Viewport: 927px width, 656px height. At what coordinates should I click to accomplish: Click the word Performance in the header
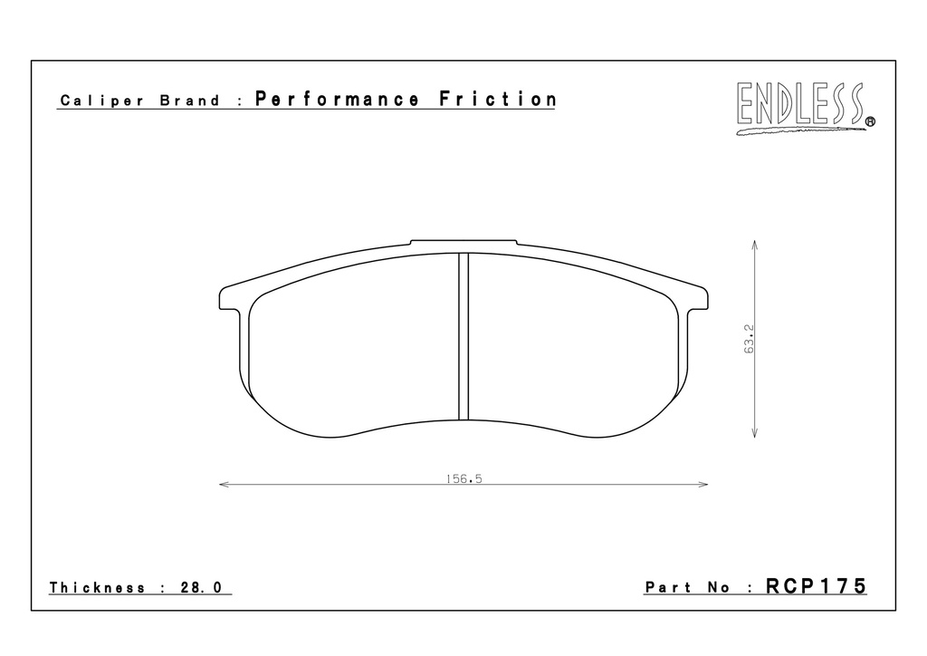pos(337,100)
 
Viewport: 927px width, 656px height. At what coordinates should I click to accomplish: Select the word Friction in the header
pos(497,99)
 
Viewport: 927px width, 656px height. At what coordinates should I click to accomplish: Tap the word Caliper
pos(101,101)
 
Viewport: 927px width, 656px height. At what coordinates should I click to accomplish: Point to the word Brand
pos(190,101)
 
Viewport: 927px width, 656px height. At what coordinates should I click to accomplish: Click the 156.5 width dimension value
pos(464,478)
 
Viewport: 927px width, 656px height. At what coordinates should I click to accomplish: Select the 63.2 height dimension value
pos(749,339)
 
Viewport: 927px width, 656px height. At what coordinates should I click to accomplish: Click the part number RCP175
pos(816,586)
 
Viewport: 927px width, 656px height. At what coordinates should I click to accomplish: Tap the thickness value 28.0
pos(201,587)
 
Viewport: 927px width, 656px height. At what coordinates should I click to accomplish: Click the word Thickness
pos(97,587)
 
